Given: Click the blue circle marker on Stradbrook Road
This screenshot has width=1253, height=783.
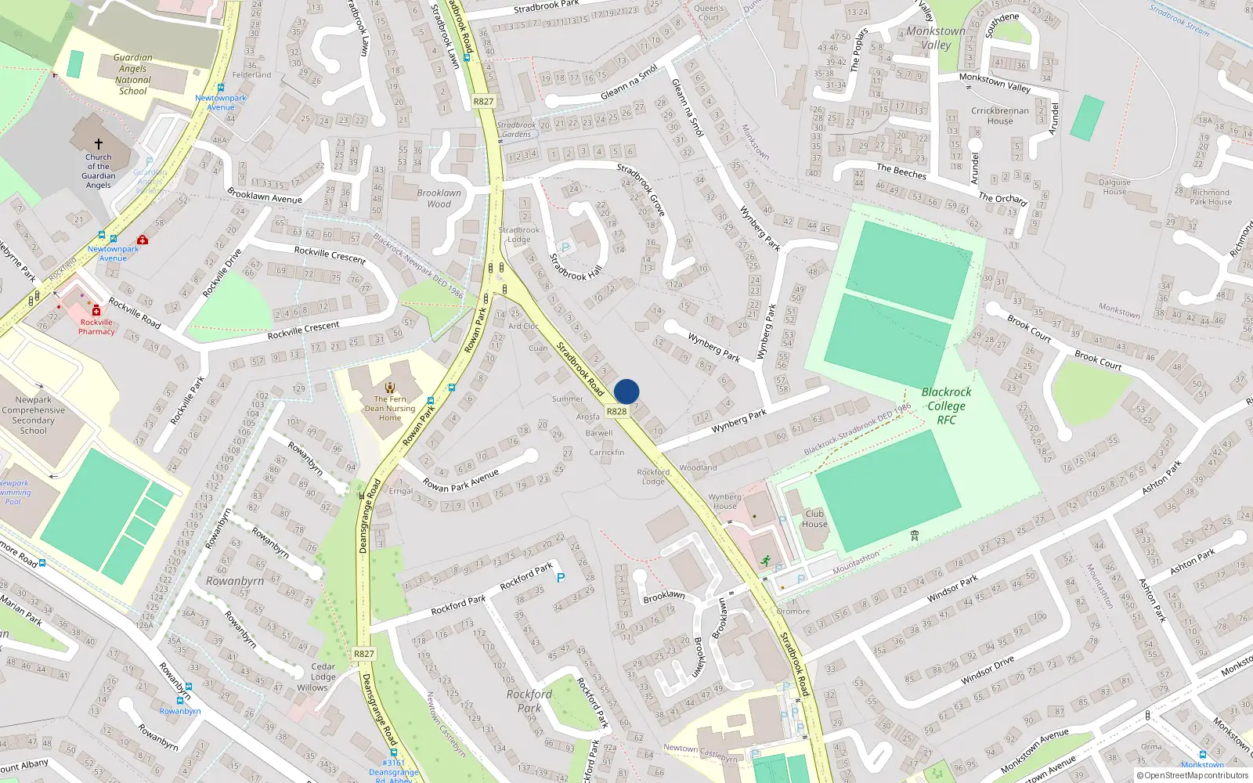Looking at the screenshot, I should [626, 391].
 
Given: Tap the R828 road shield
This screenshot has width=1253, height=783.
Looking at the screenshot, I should [617, 411].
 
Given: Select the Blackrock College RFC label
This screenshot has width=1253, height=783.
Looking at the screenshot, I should [946, 406].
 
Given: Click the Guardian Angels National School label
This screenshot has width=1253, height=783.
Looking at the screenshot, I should [133, 74].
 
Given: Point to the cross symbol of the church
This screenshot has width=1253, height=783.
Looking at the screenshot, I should [99, 144].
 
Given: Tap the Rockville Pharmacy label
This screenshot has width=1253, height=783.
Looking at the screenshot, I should [96, 327].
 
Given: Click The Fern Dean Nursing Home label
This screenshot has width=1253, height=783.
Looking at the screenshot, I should [390, 408].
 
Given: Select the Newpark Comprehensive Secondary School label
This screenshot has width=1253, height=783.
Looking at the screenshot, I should [34, 415].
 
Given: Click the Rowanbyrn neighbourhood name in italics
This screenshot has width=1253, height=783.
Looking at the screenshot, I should [235, 581].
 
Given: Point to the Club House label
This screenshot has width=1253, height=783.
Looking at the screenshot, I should [814, 519].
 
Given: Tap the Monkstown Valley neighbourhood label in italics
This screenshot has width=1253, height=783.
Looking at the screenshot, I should [936, 38].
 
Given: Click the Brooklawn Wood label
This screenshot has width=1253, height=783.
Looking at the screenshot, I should [439, 198].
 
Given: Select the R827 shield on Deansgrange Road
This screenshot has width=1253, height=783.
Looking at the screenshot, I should [364, 654].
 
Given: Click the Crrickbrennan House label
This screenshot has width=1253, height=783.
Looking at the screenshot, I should [1000, 116].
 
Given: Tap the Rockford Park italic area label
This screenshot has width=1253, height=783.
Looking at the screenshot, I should [529, 701].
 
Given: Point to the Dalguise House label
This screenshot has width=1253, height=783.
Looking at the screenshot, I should [1114, 186].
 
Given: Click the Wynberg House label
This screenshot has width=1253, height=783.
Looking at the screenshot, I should [725, 501].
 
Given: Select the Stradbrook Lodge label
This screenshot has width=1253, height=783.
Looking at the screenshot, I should [519, 234].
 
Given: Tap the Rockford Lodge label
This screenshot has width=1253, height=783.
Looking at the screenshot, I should [653, 476].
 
